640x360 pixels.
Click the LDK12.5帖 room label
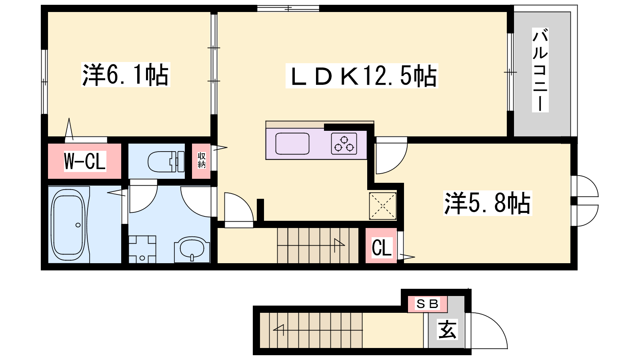(362, 76)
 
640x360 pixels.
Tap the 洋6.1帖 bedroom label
(126, 74)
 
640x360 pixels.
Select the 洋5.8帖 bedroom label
(488, 203)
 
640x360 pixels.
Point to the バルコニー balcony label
(540, 70)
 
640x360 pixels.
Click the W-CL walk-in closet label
(85, 161)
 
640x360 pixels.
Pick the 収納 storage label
(202, 160)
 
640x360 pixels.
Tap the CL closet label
(382, 248)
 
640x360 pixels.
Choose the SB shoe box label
(427, 304)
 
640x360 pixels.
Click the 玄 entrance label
(447, 329)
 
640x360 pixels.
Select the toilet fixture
(166, 162)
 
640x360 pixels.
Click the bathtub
(68, 224)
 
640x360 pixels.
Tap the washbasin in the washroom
(192, 249)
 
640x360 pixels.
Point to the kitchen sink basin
(292, 144)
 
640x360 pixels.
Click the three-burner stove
(344, 144)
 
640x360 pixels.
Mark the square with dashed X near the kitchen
(382, 206)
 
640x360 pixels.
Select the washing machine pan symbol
(142, 249)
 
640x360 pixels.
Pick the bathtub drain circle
(78, 225)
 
